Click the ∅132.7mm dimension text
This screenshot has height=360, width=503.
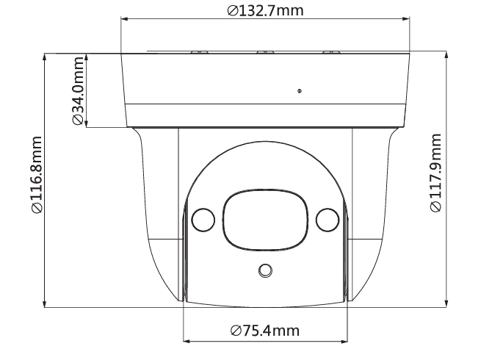(x=265, y=11)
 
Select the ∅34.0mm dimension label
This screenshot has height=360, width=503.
(x=78, y=91)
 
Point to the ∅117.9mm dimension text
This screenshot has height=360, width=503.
(x=435, y=173)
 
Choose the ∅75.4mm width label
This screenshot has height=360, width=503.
(x=264, y=331)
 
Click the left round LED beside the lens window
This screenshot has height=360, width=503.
(x=203, y=219)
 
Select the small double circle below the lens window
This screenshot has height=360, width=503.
(x=264, y=271)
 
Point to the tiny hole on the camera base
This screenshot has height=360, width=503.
(x=300, y=91)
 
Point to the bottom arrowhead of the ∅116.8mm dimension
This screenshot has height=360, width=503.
(x=46, y=303)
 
